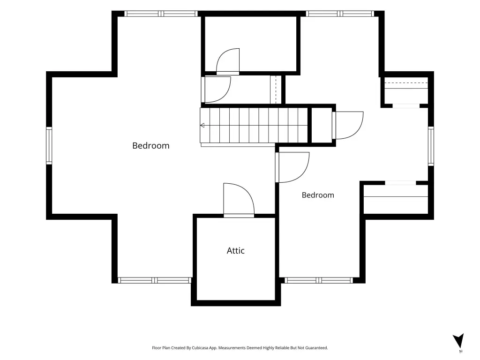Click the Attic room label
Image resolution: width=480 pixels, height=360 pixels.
click(x=235, y=251)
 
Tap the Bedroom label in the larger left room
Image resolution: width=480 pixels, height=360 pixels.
click(x=150, y=146)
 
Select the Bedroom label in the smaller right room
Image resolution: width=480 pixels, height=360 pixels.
click(x=318, y=195)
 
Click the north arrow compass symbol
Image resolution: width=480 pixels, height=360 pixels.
click(x=458, y=341)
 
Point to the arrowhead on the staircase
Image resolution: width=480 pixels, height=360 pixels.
click(x=202, y=125)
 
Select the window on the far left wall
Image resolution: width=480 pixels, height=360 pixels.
click(x=49, y=145)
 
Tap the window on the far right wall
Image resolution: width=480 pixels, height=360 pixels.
click(x=431, y=146)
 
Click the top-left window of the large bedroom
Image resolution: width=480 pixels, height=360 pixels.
click(x=161, y=14)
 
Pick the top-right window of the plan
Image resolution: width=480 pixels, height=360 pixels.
click(x=340, y=14)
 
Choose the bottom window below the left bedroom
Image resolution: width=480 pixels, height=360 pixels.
click(x=155, y=280)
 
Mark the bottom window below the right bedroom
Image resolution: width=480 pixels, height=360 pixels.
click(x=319, y=280)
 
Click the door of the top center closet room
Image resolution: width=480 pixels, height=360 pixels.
click(x=228, y=61)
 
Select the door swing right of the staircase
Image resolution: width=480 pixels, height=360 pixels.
click(x=348, y=125)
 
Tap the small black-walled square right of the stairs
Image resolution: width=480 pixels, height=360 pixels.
click(x=322, y=125)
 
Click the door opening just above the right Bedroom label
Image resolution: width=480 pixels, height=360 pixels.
click(x=292, y=167)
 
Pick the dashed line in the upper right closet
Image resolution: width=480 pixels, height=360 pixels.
click(x=406, y=82)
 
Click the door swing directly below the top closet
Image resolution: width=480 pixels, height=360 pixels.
click(x=216, y=90)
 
